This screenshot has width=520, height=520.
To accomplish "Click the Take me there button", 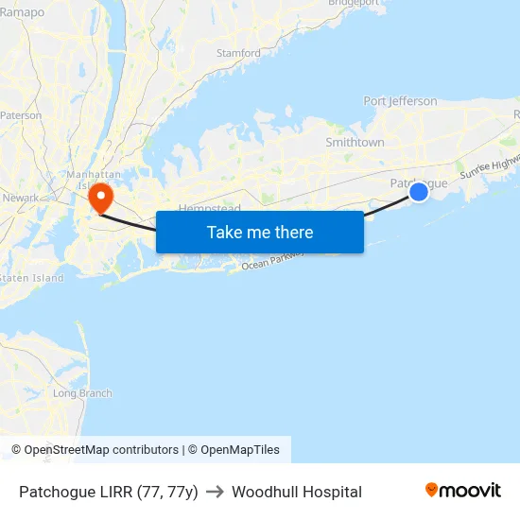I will tap(260, 232).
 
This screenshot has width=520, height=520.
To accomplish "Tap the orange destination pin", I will tap(99, 199).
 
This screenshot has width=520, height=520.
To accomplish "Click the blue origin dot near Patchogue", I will tap(419, 192).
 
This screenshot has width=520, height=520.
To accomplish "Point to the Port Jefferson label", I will tap(400, 101).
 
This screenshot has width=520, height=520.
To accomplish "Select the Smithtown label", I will tap(355, 142).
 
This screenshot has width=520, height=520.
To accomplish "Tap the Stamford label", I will tap(238, 53).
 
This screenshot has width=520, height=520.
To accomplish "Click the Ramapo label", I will tap(22, 12).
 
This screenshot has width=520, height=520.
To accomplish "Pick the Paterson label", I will tap(21, 115).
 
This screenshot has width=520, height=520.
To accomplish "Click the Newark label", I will tap(21, 198).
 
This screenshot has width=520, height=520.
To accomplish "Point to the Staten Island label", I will tap(31, 278).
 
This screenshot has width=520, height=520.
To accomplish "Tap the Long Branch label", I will tap(82, 393).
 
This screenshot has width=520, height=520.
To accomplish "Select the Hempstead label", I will tap(210, 207).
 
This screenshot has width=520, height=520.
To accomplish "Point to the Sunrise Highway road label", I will tap(489, 168).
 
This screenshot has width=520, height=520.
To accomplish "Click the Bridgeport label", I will tap(353, 3).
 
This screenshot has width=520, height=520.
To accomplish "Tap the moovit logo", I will tap(462, 491).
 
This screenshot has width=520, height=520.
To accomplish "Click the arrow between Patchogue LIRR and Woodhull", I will tap(215, 492).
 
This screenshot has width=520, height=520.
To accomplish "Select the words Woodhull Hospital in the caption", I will tap(297, 492).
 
